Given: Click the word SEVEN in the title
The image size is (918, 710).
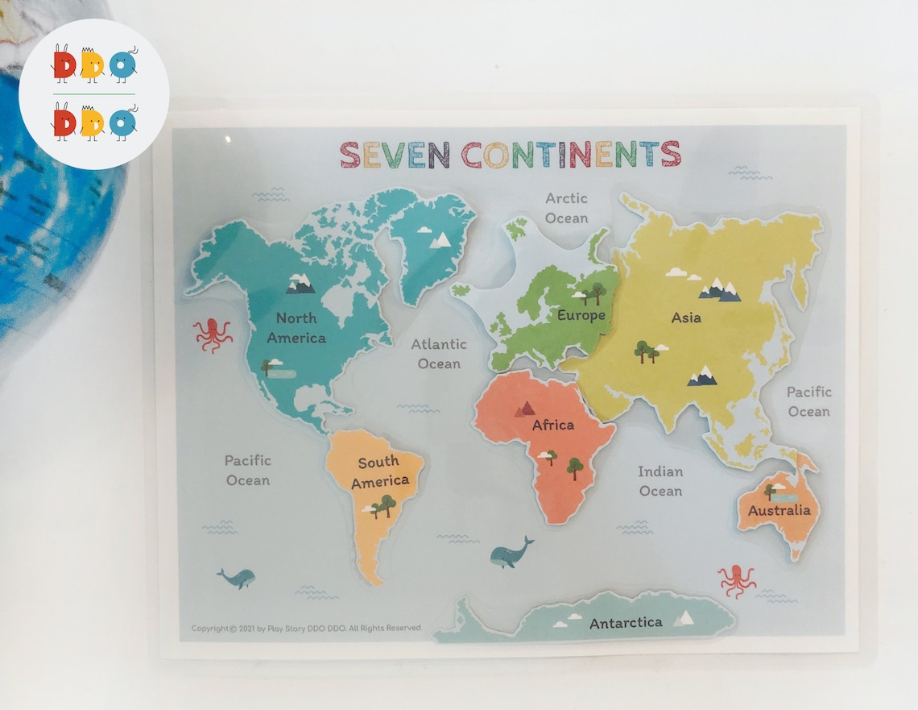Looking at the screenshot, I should pos(393,154).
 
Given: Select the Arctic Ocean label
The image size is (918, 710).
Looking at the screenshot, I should pos(566,208).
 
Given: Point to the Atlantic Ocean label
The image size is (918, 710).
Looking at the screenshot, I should pos(439,354).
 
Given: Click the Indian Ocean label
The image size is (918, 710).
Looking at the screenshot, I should pos(660,481).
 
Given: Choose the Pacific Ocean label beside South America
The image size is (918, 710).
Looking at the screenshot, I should pos(248,470).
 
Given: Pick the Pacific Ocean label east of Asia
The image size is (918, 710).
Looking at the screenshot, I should pos(808,401).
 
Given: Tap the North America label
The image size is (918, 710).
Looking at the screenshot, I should pos(296,328).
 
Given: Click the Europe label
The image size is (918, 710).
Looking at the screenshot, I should pos(581,315).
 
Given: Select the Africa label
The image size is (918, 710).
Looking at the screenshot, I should pos(552,425).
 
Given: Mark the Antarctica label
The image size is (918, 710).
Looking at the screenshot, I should pos(626,623).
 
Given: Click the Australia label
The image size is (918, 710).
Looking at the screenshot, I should pos(779,511).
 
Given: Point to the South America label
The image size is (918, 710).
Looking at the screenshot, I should pos(379,471).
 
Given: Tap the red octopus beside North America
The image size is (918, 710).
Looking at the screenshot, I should pos(213,334).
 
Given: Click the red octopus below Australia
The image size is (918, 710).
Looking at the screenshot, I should pos(736,580).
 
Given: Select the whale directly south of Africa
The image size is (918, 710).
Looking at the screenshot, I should pos(511,554).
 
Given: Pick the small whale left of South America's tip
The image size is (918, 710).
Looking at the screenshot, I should pos(236,577).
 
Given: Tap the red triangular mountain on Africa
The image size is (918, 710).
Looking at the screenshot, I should pos(527,409).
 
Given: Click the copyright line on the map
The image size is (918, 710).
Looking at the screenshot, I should pos(307,628).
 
